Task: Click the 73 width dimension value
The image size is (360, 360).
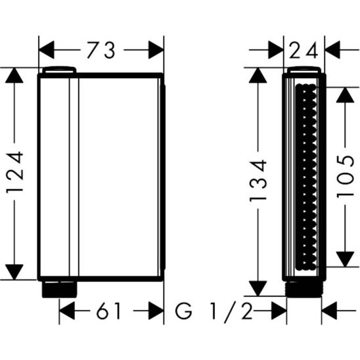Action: (101, 50)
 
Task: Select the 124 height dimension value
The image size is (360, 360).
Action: (14, 172)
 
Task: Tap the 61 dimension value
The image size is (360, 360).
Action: (108, 311)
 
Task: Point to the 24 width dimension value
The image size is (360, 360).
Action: (304, 50)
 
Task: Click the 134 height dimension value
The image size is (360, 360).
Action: (258, 181)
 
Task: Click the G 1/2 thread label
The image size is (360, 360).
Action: (214, 311)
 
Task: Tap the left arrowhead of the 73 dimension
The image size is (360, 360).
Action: (47, 50)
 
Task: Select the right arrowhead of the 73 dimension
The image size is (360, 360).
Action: (156, 50)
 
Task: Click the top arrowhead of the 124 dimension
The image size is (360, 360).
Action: (14, 76)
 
